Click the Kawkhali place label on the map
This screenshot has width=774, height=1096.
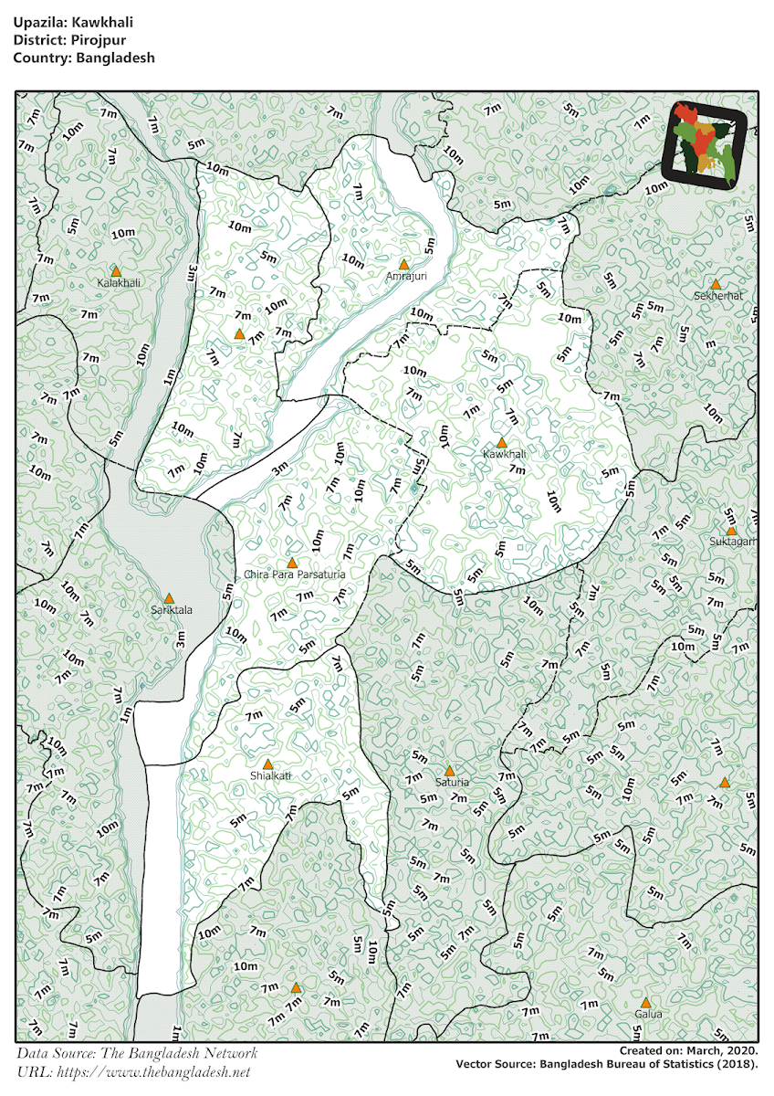[x=505, y=454]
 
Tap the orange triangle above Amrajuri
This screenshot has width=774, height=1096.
[x=403, y=264]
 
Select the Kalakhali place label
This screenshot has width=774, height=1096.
[x=119, y=283]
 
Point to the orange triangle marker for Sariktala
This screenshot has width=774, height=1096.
[x=169, y=597]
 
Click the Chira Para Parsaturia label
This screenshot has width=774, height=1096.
[x=295, y=574]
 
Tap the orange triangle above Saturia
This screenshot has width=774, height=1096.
[x=449, y=771]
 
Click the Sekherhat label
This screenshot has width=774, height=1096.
[x=718, y=296]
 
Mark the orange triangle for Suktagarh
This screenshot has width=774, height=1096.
[x=731, y=531]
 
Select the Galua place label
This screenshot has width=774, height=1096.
[x=647, y=1014]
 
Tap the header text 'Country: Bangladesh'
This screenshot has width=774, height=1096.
[x=84, y=58]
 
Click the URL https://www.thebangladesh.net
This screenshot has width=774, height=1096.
[x=133, y=1071]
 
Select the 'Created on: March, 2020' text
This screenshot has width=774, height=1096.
[x=688, y=1051]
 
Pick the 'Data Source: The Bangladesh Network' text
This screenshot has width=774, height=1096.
[x=137, y=1053]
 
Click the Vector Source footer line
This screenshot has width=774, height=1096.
[x=606, y=1064]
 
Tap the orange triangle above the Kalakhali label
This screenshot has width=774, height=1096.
[x=116, y=270]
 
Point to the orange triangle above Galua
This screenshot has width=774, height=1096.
[x=646, y=1002]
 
